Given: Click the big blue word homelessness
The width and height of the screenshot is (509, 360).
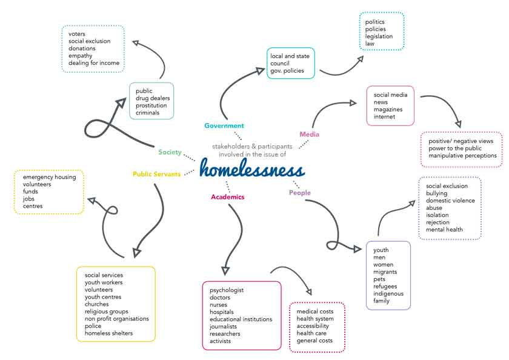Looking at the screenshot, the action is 251,168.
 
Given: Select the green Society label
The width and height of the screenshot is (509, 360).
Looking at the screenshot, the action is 170,152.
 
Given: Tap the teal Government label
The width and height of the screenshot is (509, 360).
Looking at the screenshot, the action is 224,125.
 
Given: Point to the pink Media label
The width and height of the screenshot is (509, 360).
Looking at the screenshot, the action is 309,134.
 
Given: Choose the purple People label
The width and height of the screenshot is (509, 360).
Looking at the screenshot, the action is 299,193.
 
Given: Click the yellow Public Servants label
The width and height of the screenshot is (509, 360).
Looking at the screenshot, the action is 156,174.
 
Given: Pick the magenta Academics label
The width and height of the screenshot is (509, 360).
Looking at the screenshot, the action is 227,196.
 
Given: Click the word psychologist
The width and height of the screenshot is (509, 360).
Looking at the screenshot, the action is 227,290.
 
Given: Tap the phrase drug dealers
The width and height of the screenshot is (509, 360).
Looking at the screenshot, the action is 153,98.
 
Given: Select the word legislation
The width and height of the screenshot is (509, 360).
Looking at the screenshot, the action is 379,36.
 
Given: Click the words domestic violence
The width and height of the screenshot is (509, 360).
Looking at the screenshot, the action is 450,201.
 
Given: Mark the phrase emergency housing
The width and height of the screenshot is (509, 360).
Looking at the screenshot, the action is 50,177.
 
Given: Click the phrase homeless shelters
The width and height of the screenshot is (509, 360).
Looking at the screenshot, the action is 108,333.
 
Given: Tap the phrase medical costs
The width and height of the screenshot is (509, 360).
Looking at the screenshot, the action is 315,312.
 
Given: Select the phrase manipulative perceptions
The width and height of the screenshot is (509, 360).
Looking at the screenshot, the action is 462,156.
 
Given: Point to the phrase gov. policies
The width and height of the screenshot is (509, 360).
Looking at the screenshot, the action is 287,71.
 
